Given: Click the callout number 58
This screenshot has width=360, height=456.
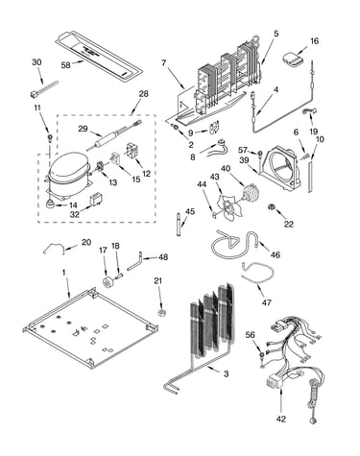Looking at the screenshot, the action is pos(65,65).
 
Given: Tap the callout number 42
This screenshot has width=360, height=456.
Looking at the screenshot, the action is pos(281,419).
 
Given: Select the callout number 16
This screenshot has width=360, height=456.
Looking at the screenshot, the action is pos(315,41).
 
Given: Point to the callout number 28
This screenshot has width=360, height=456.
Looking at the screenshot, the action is pos(144,94).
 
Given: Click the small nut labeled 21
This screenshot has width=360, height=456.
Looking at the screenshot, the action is pos(161,312).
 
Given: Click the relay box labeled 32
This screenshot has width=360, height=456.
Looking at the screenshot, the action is pos(95,201).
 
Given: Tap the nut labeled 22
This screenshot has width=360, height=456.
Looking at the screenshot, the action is pos(272,207).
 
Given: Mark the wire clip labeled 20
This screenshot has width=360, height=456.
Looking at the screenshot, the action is pos(54,248).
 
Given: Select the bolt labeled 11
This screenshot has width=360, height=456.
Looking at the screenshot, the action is pos(50,138).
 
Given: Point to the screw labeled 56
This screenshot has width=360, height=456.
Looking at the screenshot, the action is pos(263,355).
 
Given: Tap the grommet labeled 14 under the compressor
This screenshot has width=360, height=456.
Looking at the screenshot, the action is pos(50,204).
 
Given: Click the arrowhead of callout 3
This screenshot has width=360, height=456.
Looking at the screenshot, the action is pos(206,368).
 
